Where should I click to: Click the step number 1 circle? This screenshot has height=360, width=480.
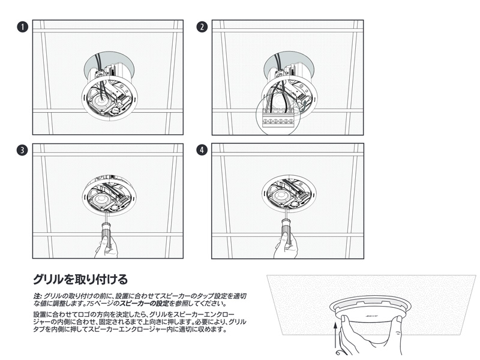22,27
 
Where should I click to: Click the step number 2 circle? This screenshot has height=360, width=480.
202,27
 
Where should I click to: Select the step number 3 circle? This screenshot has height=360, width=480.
22,151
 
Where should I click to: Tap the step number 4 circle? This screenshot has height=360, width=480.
202,151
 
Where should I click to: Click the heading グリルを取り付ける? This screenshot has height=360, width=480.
80,279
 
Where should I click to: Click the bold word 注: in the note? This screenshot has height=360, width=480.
37,296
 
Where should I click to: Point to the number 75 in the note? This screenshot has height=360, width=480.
89,304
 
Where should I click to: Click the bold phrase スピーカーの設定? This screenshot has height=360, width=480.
144,304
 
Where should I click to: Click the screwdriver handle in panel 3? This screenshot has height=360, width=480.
104,235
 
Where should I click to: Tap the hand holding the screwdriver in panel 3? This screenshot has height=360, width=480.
106,248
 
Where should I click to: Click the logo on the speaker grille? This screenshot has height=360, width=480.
370,315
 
